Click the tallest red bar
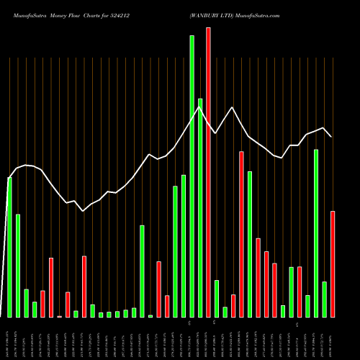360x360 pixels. point(208,173)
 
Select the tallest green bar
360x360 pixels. point(192,176)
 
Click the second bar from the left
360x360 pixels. point(18,266)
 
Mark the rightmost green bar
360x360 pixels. point(324,300)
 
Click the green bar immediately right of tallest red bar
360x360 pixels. point(216,299)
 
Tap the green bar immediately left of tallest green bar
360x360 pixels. point(184,246)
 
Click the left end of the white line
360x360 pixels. point(9,178)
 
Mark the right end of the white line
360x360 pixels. point(331,136)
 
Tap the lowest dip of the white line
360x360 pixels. point(84,211)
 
